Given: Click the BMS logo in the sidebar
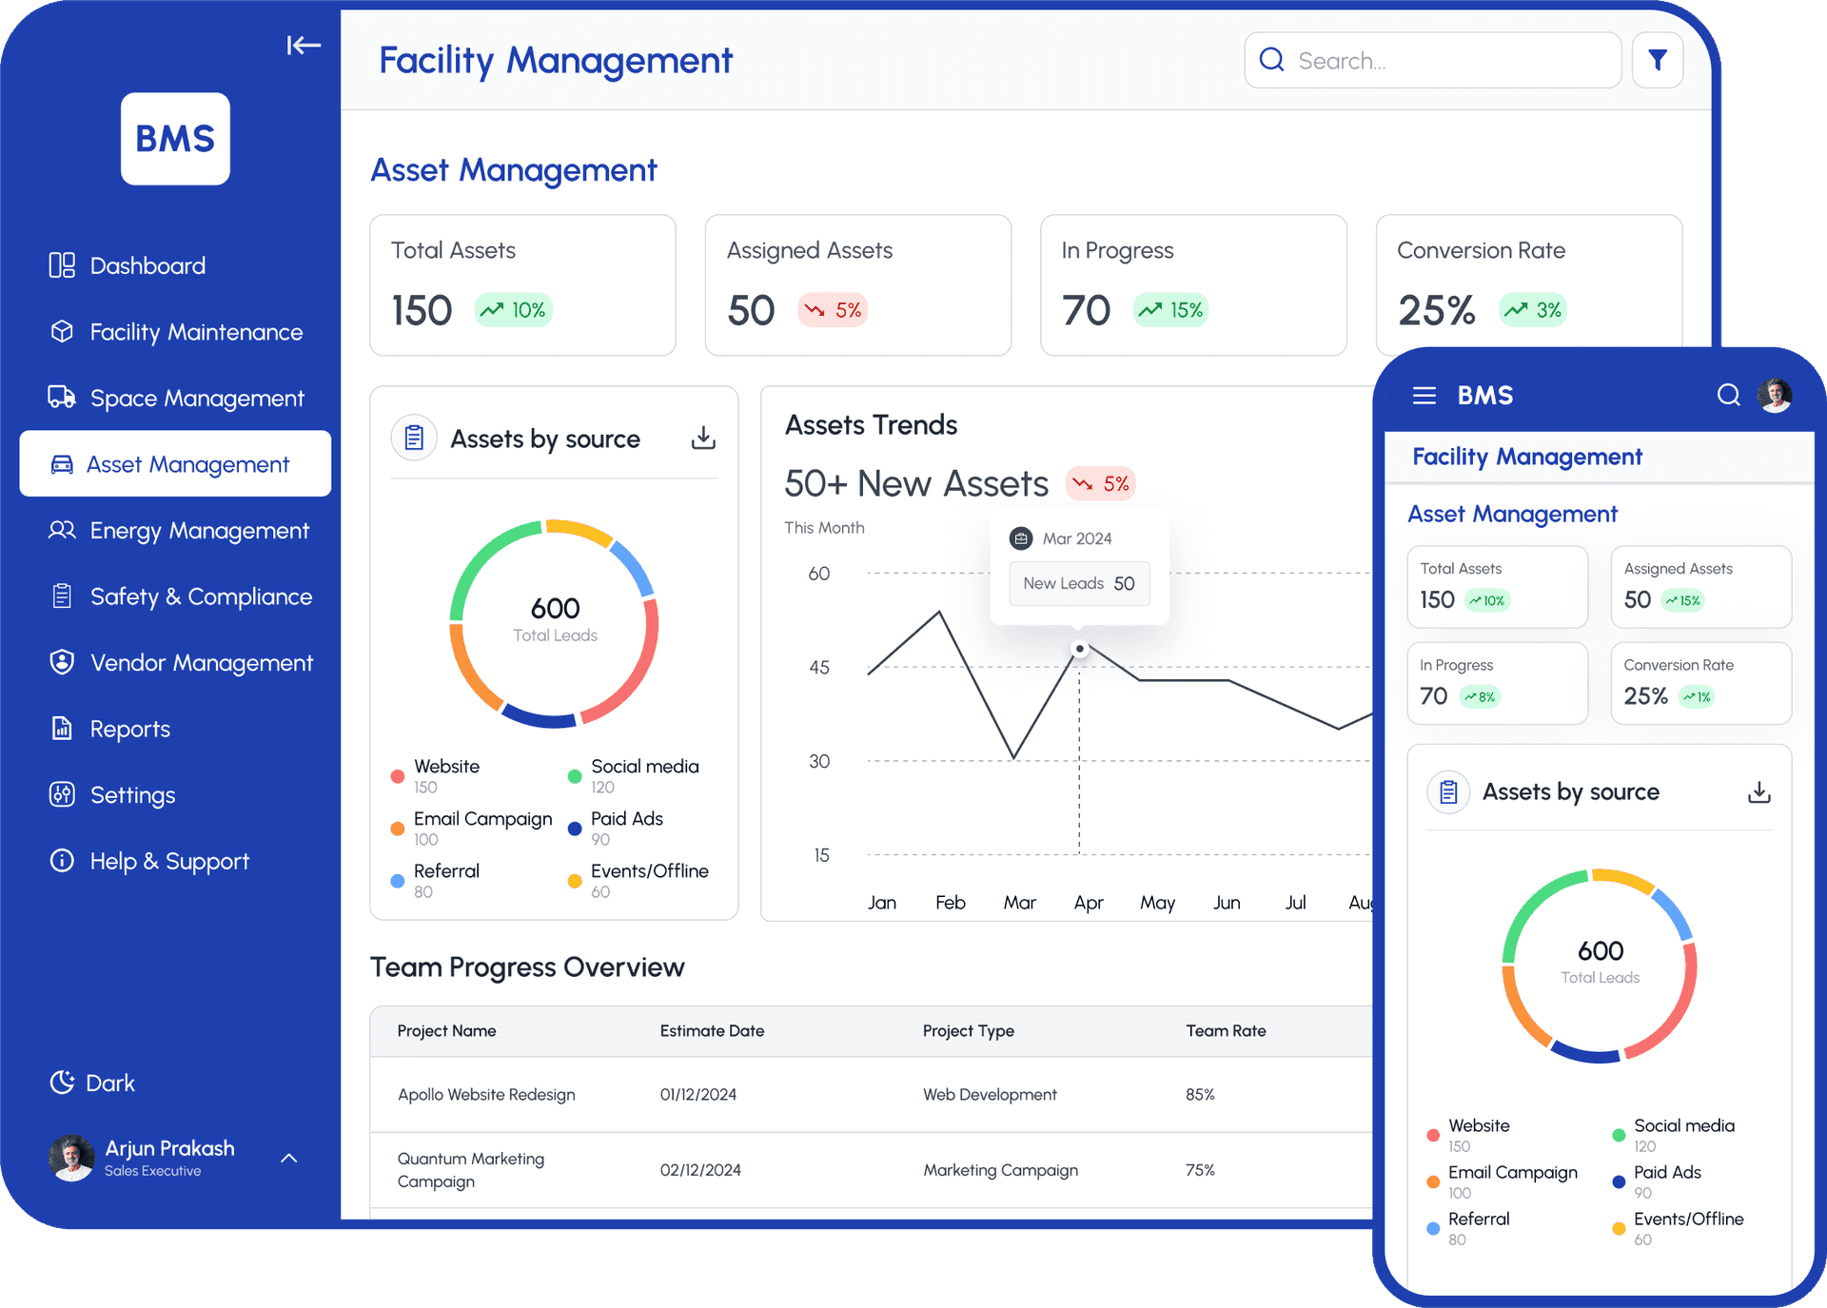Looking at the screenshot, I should click(175, 139).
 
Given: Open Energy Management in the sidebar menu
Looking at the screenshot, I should click(199, 531).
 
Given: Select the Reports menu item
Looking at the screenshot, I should click(129, 730).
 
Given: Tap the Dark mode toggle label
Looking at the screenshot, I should click(109, 1083).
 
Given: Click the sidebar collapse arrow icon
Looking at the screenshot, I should click(304, 45).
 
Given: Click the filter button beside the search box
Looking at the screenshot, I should click(1657, 61).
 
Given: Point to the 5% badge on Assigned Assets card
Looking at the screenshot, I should click(833, 310).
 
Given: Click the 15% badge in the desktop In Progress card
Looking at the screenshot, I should click(1171, 310).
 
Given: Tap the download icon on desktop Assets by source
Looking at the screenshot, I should click(703, 438).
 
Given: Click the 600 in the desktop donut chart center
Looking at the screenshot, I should click(555, 609).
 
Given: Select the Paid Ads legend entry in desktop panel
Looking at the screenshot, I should click(626, 819).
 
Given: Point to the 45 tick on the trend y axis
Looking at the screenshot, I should click(818, 668).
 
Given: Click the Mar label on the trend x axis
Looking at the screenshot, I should click(1019, 902).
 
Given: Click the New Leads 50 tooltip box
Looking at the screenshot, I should click(1079, 583).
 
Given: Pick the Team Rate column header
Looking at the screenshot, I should click(1226, 1031).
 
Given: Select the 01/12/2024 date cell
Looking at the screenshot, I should click(697, 1095).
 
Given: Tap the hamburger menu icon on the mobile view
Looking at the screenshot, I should click(1424, 396).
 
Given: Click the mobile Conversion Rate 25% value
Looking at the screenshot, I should click(1645, 696).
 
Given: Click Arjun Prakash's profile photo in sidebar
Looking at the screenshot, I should click(71, 1158).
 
